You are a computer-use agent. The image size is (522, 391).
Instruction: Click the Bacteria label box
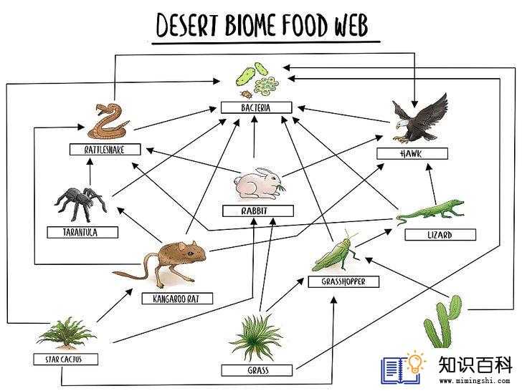(257, 107)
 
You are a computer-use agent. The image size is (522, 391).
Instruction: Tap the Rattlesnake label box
(105, 149)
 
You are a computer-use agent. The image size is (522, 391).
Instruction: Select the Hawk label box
(412, 153)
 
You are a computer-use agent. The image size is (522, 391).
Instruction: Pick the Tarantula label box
(82, 232)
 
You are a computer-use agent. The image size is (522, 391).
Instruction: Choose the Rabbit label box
(258, 211)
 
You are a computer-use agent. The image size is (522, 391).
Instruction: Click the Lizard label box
(440, 234)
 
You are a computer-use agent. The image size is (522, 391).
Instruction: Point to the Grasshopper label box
(343, 281)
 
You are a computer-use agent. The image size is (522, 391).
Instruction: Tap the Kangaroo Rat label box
(177, 299)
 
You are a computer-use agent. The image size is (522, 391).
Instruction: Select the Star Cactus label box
(65, 359)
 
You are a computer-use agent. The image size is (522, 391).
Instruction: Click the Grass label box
(257, 370)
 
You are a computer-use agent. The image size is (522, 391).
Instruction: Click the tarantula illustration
(80, 203)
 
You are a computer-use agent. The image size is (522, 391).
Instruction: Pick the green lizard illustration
(430, 212)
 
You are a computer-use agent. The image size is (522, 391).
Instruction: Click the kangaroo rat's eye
(190, 254)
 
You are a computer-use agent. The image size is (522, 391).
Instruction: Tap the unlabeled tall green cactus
(443, 322)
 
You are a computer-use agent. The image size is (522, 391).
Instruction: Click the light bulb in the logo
(414, 362)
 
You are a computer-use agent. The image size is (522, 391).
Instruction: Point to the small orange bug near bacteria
(247, 94)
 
